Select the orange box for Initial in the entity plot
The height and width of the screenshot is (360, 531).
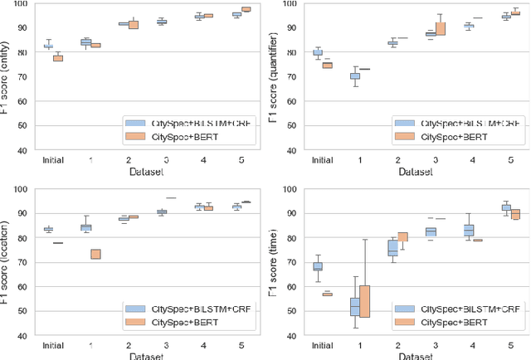[x=58, y=58]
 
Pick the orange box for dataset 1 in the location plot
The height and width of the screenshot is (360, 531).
[x=95, y=254]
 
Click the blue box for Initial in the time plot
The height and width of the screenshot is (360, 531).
[x=295, y=266]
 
